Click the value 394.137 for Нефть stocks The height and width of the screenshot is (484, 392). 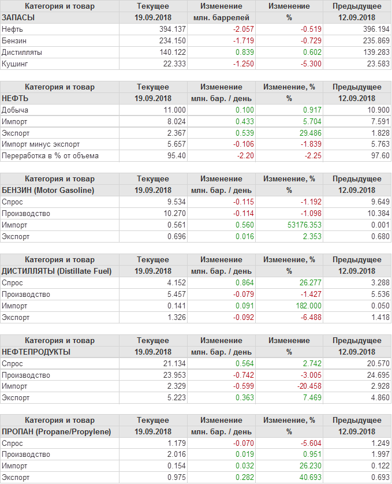click(172, 29)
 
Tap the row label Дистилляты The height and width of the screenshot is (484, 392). click(23, 52)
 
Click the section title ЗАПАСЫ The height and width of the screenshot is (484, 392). click(18, 17)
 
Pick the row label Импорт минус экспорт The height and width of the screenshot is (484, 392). click(40, 144)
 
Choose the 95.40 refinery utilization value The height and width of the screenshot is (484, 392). click(176, 156)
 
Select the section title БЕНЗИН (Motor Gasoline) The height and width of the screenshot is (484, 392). click(48, 190)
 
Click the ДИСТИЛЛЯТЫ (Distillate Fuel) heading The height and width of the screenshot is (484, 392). click(57, 271)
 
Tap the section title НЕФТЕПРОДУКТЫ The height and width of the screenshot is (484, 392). click(36, 352)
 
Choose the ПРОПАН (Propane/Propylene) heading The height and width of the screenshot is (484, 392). click(57, 432)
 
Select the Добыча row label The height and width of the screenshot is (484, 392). click(15, 110)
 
